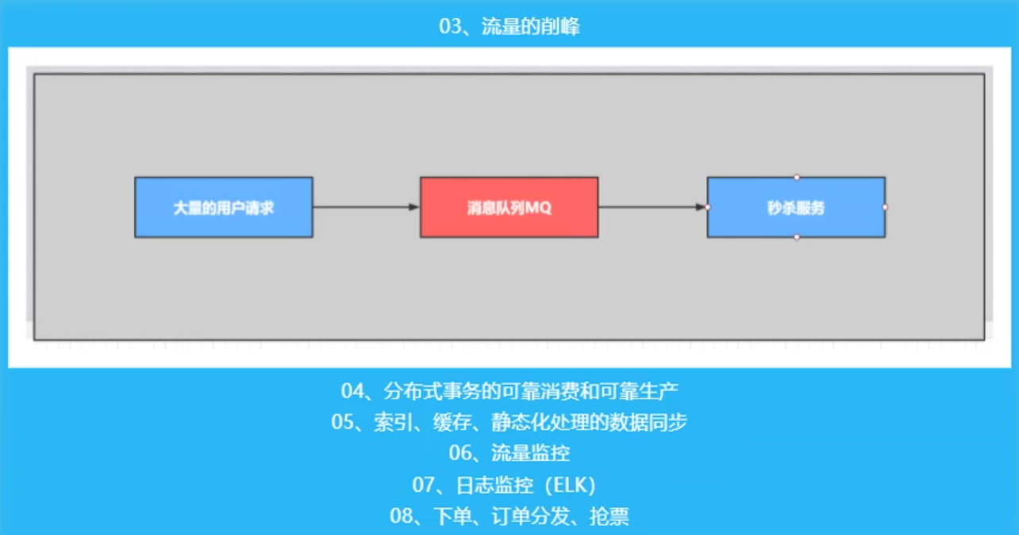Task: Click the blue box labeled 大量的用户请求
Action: pyautogui.click(x=224, y=207)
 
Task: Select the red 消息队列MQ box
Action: pyautogui.click(x=509, y=207)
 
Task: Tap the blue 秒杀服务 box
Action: pyautogui.click(x=796, y=207)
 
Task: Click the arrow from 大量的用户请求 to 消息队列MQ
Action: pyautogui.click(x=366, y=207)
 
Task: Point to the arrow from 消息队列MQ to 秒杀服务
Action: pyautogui.click(x=652, y=207)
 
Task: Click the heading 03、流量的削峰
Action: pyautogui.click(x=509, y=26)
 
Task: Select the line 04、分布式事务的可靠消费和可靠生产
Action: pyautogui.click(x=509, y=391)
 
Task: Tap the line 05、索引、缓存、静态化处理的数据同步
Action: pyautogui.click(x=509, y=421)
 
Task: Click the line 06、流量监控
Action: pyautogui.click(x=509, y=453)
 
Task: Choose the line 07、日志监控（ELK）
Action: pyautogui.click(x=509, y=485)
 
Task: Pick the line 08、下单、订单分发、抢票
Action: pyautogui.click(x=509, y=517)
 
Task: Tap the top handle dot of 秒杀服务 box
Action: pyautogui.click(x=797, y=177)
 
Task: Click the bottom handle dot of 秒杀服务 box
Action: pyautogui.click(x=797, y=237)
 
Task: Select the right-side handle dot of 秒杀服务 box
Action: pyautogui.click(x=885, y=207)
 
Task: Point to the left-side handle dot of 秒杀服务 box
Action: pyautogui.click(x=707, y=207)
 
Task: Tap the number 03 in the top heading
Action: pyautogui.click(x=450, y=26)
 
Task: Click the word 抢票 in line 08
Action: pyautogui.click(x=609, y=517)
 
